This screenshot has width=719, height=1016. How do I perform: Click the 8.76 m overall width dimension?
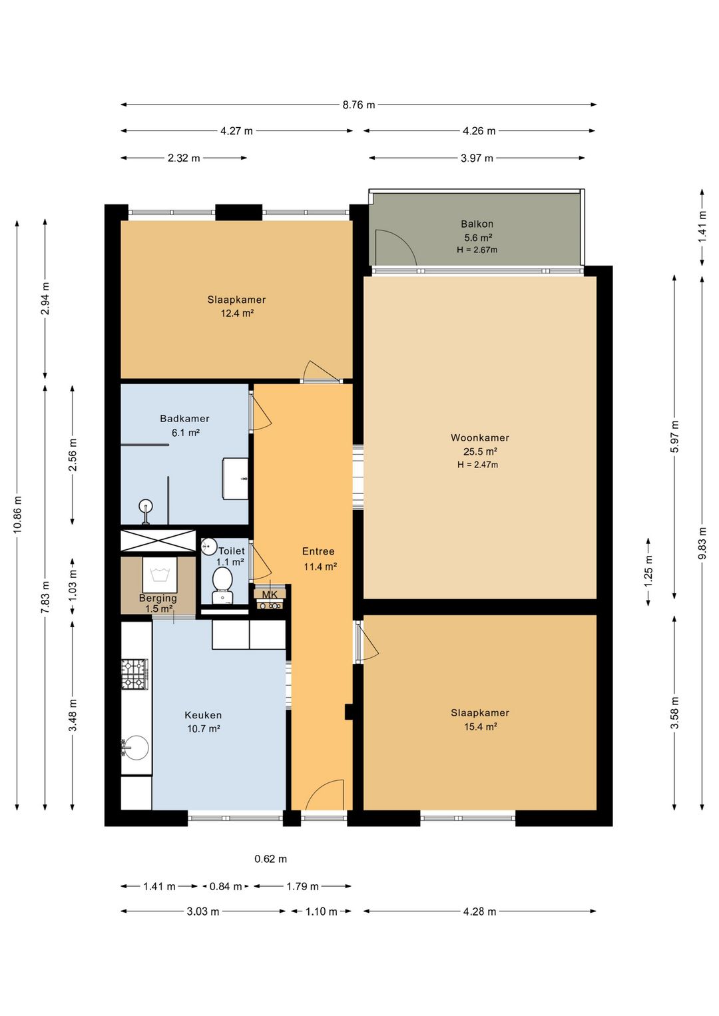click(x=358, y=105)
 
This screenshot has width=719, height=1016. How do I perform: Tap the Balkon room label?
click(x=477, y=224)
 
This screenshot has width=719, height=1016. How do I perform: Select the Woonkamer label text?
click(x=479, y=437)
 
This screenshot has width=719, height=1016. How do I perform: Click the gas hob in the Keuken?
click(x=134, y=674)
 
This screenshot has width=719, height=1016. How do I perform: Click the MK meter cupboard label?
click(x=270, y=595)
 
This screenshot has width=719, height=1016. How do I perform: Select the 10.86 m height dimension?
click(x=17, y=515)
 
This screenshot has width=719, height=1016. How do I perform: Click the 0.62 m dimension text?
click(x=270, y=859)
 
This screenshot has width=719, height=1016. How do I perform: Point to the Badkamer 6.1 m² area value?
click(x=186, y=433)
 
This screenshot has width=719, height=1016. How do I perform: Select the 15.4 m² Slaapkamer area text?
click(x=480, y=726)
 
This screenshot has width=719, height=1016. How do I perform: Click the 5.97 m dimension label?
click(x=674, y=436)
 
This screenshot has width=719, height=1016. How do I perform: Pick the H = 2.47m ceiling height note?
click(x=478, y=465)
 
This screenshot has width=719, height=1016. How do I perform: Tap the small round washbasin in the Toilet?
click(x=209, y=547)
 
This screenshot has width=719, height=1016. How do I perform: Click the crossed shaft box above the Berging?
click(x=158, y=541)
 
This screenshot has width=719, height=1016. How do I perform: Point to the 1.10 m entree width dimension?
click(x=321, y=911)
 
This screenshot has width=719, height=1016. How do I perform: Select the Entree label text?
click(x=318, y=551)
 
